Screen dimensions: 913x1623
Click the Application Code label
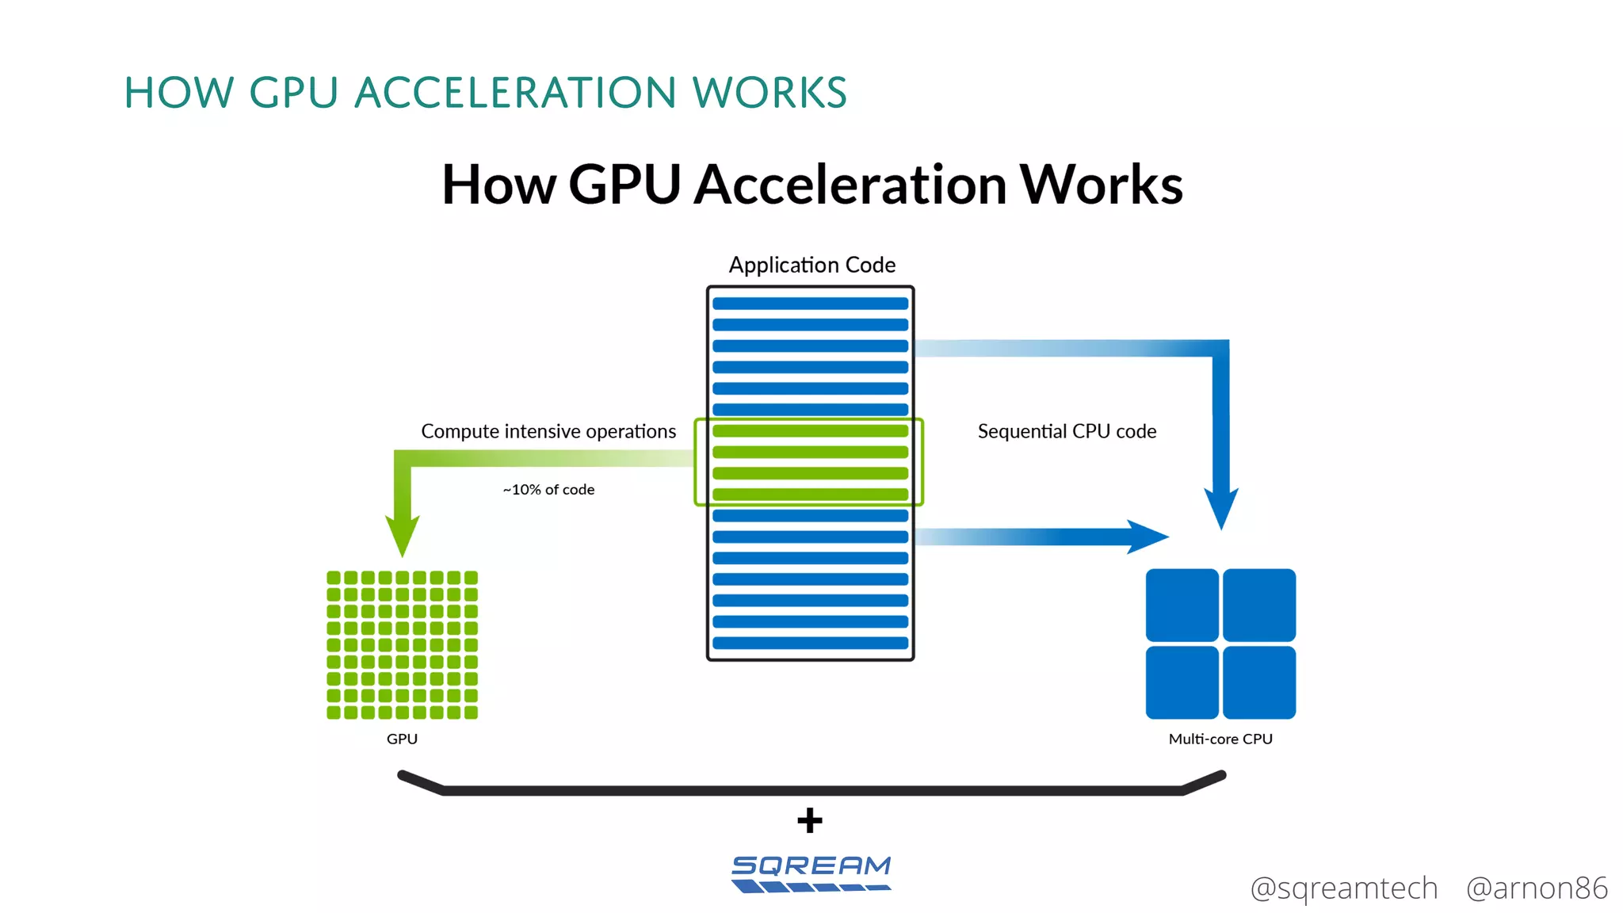coord(811,265)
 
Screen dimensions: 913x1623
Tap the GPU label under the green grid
coord(402,739)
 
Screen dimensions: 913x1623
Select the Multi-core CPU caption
coord(1220,739)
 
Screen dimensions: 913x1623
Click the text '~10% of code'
coord(548,490)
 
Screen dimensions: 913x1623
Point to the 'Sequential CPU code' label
coord(1067,431)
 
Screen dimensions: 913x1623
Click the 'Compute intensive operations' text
coord(548,431)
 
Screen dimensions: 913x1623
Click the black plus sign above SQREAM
coord(810,820)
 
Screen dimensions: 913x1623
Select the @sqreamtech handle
coord(1343,888)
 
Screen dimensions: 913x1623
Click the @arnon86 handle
coord(1537,888)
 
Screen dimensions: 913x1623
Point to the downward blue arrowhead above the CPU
coord(1221,507)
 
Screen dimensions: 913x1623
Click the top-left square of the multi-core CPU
coord(1182,605)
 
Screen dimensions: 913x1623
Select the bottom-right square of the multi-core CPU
coord(1259,682)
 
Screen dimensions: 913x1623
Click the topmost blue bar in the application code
coord(810,304)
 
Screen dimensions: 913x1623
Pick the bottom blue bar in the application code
coord(810,643)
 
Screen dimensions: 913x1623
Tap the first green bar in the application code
coord(810,431)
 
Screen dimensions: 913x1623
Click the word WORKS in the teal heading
coord(769,93)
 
